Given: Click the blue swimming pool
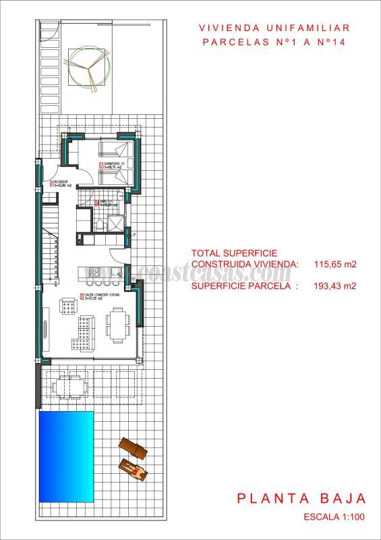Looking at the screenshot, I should (x=66, y=456).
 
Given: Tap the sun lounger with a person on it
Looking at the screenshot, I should (x=133, y=469).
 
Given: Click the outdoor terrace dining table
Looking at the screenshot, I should (x=69, y=387).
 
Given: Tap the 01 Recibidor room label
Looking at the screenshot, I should (x=59, y=183).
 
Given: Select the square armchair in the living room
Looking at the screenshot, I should (x=69, y=306).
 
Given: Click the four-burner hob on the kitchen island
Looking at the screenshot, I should (x=94, y=273).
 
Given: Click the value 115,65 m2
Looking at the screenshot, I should (x=335, y=264).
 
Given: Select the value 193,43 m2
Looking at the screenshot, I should (x=335, y=286).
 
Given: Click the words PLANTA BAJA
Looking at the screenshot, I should (x=301, y=500).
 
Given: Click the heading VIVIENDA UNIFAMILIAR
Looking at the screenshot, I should (x=274, y=28).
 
